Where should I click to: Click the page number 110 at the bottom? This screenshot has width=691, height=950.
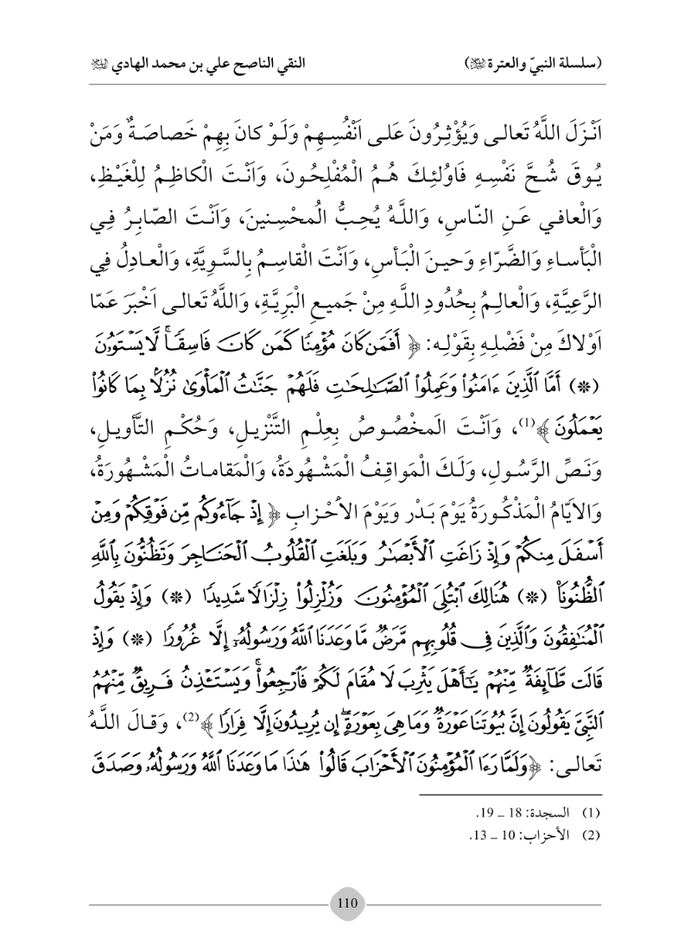pyautogui.click(x=345, y=898)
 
